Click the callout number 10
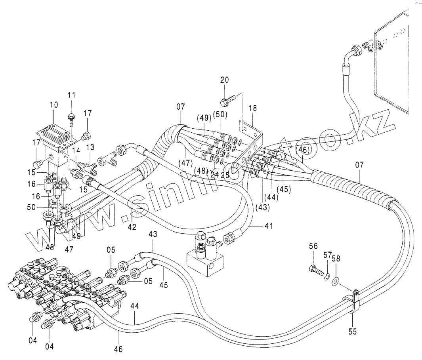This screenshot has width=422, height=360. (54, 105)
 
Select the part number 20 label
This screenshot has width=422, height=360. (225, 80)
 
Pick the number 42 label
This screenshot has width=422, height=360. (132, 227)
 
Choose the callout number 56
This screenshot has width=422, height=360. (313, 247)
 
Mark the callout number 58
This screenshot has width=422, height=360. (336, 259)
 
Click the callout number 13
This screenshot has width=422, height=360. (91, 147)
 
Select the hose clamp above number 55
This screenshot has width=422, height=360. (353, 301)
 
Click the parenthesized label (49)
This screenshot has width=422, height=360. (204, 118)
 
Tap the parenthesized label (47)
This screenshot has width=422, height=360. (185, 162)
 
